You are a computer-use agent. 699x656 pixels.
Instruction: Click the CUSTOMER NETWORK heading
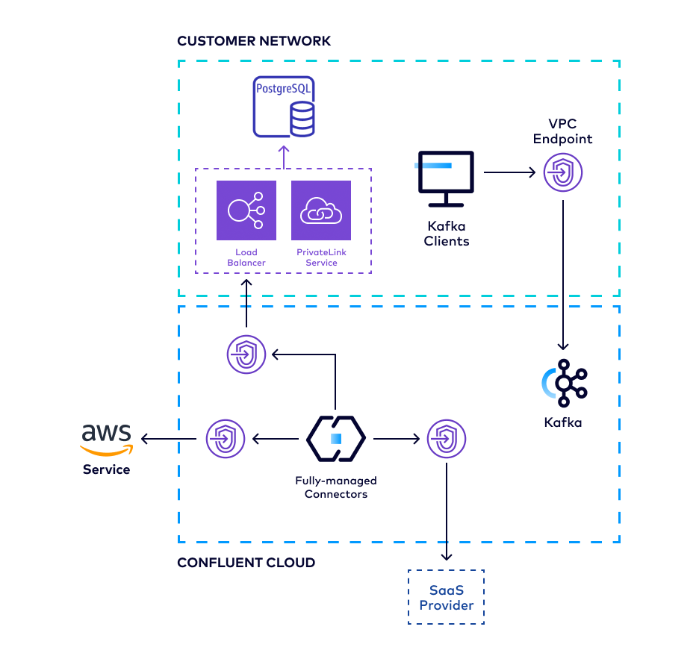coord(253,41)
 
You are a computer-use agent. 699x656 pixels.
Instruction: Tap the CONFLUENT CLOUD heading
coord(246,562)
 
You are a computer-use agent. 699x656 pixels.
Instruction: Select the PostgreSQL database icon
coord(284,106)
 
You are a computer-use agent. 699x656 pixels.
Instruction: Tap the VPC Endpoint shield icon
coord(562,173)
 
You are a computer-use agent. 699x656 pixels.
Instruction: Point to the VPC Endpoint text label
coord(562,131)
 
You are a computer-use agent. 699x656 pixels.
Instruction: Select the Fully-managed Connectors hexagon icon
coord(335,439)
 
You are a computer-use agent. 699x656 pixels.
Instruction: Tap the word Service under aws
coord(106,469)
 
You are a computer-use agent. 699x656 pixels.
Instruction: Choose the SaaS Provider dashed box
coord(447,597)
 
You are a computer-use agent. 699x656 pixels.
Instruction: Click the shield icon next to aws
coord(226,439)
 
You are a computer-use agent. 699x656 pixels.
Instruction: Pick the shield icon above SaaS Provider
coord(447,439)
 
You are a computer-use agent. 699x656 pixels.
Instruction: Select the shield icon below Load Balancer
coord(246,354)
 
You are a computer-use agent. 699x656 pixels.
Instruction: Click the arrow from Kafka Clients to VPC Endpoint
coord(509,173)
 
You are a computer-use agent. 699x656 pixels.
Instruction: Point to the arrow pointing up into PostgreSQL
coord(284,155)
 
